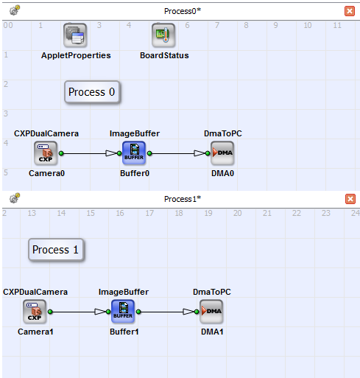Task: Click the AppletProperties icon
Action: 75,35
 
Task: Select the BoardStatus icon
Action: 163,35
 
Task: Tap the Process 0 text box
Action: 92,92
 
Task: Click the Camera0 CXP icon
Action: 46,153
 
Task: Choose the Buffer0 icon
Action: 134,153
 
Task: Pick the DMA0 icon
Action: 222,153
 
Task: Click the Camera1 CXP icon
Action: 35,312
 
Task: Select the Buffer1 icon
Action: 123,312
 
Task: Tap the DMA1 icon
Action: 211,312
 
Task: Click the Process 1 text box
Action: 56,250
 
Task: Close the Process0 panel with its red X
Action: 350,11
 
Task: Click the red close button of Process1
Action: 350,199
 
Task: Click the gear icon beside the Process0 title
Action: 15,10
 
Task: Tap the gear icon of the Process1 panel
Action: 15,198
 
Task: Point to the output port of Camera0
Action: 61,153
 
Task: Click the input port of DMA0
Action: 208,153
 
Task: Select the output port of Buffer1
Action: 138,312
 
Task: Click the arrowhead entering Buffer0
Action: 111,153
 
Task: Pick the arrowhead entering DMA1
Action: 188,312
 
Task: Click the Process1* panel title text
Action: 183,199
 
